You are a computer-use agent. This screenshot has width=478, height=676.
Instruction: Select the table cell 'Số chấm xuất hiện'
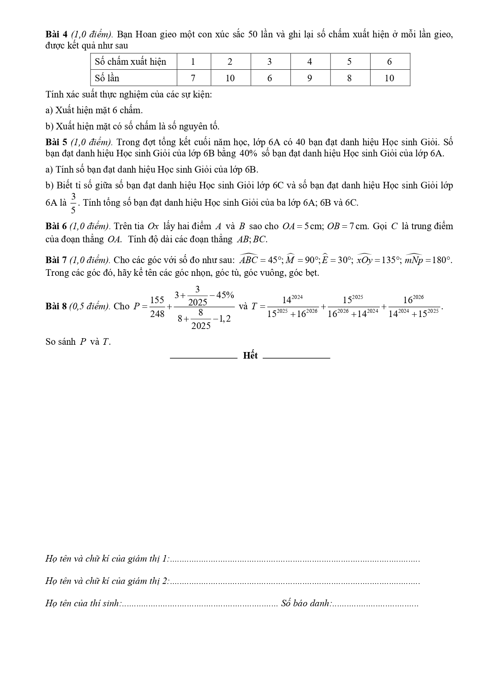click(131, 62)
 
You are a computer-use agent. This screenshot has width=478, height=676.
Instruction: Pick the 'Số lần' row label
click(107, 78)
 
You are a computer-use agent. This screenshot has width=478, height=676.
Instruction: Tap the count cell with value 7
click(193, 78)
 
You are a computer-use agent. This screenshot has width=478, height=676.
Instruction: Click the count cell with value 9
click(310, 78)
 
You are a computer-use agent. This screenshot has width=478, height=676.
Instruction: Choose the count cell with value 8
click(350, 78)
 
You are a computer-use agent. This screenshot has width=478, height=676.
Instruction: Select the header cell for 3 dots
click(270, 62)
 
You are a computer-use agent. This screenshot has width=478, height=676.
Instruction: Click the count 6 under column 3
click(270, 78)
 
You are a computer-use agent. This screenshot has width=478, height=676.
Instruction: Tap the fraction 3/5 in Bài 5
click(73, 203)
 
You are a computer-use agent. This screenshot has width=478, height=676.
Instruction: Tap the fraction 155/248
click(157, 307)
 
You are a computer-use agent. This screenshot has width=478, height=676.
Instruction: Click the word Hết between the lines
click(250, 356)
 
